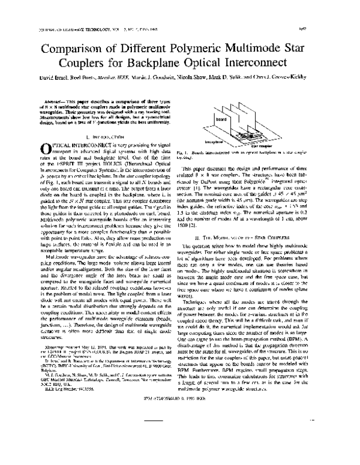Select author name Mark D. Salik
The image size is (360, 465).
click(x=251, y=79)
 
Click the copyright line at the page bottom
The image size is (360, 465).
click(x=180, y=449)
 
